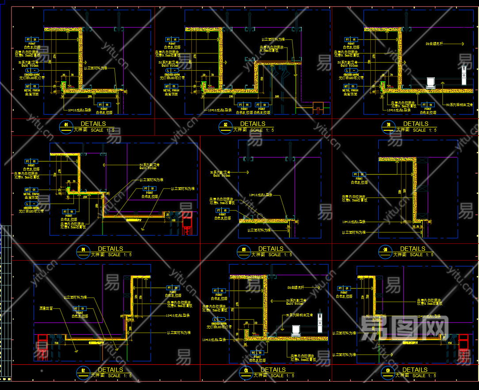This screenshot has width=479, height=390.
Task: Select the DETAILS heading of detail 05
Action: pos(270,249)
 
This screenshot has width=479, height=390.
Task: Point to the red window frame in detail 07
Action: pos(42,347)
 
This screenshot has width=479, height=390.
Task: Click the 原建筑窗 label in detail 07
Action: pos(46,308)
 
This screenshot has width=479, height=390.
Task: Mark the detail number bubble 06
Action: pos(385,251)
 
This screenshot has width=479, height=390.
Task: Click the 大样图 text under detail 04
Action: pos(97,254)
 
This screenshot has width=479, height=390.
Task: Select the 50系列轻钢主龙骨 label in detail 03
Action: pos(459,105)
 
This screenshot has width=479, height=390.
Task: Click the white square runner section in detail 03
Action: pos(430,82)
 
